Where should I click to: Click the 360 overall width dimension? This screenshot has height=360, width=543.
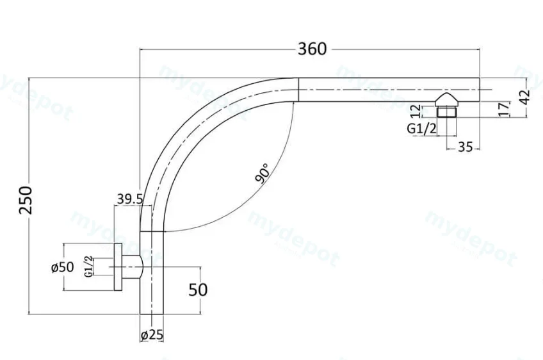(312, 49)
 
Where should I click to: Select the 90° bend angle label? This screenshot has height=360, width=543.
(262, 173)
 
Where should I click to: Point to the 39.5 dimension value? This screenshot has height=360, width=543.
(129, 199)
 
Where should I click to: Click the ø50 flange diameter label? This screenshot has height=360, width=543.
(63, 267)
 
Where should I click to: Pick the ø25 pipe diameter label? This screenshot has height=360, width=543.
(152, 335)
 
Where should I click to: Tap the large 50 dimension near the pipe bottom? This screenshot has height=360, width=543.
(198, 290)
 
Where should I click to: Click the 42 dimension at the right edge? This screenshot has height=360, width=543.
(525, 97)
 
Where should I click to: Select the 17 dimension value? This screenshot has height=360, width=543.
(505, 109)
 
